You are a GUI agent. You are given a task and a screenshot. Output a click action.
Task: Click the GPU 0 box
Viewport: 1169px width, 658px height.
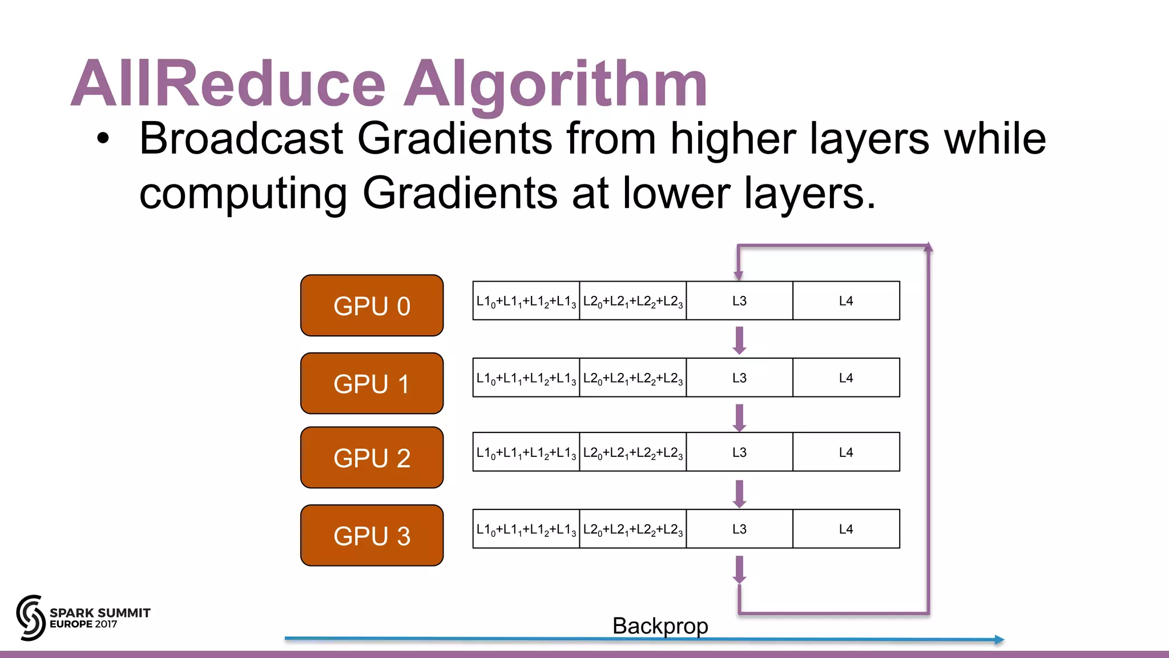(x=372, y=306)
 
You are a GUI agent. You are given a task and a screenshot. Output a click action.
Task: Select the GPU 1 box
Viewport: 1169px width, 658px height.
(x=372, y=383)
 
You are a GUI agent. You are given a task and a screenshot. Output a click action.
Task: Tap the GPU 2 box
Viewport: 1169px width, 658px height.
(x=372, y=458)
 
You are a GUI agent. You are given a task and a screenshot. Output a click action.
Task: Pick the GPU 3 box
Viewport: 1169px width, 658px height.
(x=372, y=535)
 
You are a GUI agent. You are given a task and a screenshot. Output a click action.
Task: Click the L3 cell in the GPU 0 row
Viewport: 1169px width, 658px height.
(x=739, y=301)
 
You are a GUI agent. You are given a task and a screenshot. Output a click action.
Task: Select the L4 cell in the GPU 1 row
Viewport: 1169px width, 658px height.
(x=846, y=378)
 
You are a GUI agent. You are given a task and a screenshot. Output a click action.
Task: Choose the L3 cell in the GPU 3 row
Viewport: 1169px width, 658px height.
(x=739, y=529)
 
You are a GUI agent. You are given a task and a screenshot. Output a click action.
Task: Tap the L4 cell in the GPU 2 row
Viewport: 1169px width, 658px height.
(x=846, y=452)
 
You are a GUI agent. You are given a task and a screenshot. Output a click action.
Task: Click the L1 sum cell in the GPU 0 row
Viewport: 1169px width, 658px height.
(x=526, y=301)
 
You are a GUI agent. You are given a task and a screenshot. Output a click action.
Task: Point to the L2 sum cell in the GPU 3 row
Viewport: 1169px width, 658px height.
(x=632, y=529)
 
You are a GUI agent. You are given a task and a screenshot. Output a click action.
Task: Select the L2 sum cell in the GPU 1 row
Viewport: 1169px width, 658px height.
(x=632, y=378)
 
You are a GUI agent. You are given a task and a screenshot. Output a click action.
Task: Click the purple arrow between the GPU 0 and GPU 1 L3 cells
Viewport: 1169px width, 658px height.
(x=739, y=340)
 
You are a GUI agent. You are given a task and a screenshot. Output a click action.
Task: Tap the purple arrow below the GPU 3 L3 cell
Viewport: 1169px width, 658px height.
(x=739, y=569)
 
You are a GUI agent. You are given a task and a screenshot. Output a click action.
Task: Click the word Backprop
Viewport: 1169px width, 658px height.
(x=660, y=626)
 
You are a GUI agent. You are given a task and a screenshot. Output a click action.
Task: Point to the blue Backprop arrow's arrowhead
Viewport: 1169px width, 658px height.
(x=999, y=640)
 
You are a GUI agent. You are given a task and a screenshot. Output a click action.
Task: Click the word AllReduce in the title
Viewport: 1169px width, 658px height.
(x=228, y=84)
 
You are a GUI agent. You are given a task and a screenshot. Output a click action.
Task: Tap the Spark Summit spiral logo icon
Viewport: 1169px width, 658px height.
(x=30, y=617)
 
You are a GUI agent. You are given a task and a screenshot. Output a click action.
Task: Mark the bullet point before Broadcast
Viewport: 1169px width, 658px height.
(x=102, y=139)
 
